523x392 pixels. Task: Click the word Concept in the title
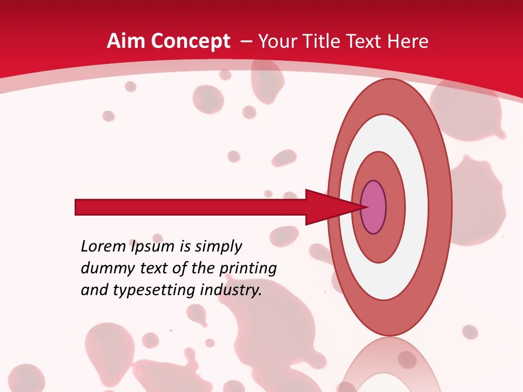(x=190, y=41)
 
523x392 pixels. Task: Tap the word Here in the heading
(x=409, y=41)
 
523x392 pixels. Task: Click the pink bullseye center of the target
(x=374, y=207)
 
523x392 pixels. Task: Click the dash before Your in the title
(x=246, y=42)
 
